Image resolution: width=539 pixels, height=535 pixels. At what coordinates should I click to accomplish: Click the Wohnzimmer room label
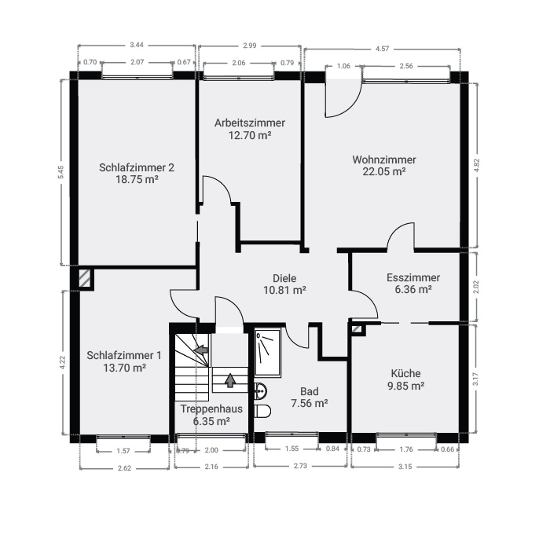pyautogui.click(x=384, y=159)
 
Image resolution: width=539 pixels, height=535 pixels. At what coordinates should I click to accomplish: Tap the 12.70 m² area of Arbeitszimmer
pyautogui.click(x=250, y=135)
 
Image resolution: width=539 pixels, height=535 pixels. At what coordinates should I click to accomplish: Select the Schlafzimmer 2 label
pyautogui.click(x=137, y=167)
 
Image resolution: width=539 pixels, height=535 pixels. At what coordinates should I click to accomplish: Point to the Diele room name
pyautogui.click(x=284, y=278)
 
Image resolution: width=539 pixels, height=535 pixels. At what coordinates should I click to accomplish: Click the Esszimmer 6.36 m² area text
pyautogui.click(x=413, y=289)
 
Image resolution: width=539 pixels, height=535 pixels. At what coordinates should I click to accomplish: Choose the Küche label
pyautogui.click(x=405, y=373)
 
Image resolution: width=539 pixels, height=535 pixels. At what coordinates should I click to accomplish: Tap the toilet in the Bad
pyautogui.click(x=262, y=411)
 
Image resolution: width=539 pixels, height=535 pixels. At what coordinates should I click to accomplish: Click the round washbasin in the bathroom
pyautogui.click(x=261, y=391)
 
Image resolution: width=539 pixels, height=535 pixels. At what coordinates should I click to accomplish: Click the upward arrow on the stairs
pyautogui.click(x=230, y=380)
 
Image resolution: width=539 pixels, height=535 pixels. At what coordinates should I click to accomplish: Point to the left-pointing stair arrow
pyautogui.click(x=201, y=350)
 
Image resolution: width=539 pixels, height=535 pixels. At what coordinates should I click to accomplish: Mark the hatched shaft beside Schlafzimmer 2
pyautogui.click(x=85, y=278)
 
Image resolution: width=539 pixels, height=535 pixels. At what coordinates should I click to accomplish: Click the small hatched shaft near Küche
pyautogui.click(x=357, y=329)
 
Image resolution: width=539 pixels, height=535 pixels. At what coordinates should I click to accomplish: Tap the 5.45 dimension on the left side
pyautogui.click(x=60, y=172)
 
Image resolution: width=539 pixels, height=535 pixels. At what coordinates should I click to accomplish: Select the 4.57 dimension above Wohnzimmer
pyautogui.click(x=382, y=49)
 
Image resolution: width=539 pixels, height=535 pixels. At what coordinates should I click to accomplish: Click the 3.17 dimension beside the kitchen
pyautogui.click(x=475, y=379)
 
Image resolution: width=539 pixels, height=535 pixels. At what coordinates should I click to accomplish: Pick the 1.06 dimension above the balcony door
pyautogui.click(x=343, y=66)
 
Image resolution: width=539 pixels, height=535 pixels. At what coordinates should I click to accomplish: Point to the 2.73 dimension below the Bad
pyautogui.click(x=300, y=466)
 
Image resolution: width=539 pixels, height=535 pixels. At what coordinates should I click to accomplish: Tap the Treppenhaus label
pyautogui.click(x=211, y=409)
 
